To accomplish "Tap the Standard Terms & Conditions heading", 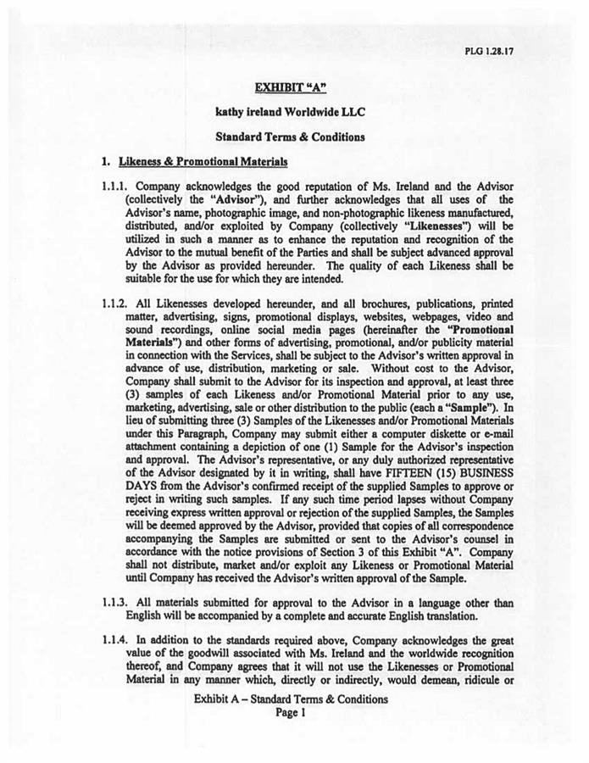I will [289, 136].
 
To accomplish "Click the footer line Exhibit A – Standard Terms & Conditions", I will [290, 699].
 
